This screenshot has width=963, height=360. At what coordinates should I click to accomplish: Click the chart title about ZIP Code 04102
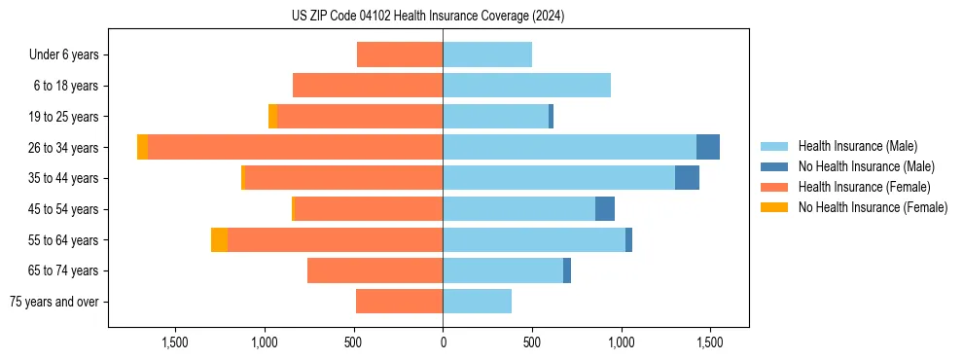point(428,17)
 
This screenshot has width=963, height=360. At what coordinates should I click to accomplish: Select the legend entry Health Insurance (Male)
point(857,146)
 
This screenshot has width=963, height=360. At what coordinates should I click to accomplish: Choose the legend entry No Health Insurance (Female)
point(873,207)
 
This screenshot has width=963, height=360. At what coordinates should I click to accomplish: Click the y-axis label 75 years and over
point(54,302)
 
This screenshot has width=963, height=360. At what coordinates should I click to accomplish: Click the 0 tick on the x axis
point(443,342)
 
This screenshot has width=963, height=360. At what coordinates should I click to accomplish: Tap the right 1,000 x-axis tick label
point(622,342)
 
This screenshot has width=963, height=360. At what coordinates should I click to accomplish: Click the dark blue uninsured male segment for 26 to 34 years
point(708,147)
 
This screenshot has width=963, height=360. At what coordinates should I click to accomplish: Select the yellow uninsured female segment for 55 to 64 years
point(219,240)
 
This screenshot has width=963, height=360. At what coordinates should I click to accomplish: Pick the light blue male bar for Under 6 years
point(487,54)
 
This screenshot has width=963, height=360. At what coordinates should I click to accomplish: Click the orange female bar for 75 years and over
point(399,302)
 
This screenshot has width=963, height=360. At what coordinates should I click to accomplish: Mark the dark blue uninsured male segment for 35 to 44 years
point(687,178)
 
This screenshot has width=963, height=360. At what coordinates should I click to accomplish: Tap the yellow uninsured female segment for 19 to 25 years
point(272,117)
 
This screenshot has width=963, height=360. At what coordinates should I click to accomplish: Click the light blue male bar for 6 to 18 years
point(526,86)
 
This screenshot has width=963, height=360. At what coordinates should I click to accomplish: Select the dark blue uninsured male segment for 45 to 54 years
point(605,209)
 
